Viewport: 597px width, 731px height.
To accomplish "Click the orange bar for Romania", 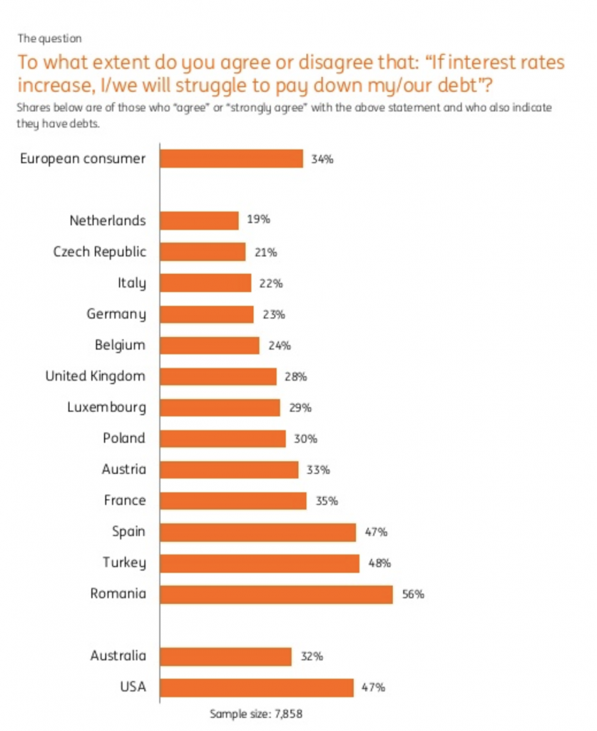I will (276, 594).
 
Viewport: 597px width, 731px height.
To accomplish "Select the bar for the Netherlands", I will (199, 220).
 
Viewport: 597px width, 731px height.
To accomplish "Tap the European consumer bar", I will (231, 158).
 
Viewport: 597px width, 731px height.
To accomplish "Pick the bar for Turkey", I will (260, 563).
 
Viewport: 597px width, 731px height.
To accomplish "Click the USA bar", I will (257, 687).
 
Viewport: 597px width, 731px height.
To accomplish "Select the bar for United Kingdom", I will (218, 376).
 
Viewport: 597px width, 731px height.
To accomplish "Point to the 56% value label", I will (413, 594).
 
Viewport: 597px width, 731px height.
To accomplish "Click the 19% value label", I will (258, 220).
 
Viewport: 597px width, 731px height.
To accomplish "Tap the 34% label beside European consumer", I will (322, 158).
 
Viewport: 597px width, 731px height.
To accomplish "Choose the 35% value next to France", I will (326, 501).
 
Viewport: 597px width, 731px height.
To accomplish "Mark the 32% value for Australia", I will (311, 657).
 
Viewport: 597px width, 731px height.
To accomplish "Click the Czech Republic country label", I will (100, 251).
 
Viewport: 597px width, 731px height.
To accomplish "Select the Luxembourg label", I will (106, 408).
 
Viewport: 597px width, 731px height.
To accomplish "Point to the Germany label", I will (116, 314).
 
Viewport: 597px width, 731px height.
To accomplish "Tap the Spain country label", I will (128, 532).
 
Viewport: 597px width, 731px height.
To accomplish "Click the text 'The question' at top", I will (49, 38).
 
